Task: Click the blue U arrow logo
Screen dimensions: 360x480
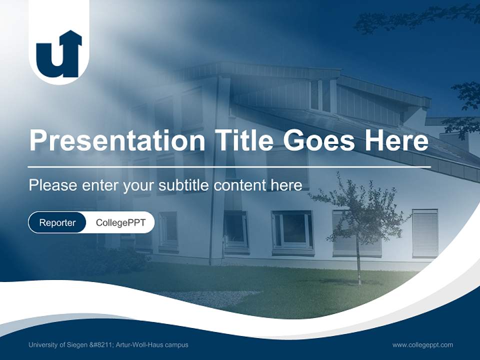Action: (58, 55)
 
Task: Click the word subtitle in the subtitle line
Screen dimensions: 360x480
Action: (184, 185)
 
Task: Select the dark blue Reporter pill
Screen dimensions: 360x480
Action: (57, 222)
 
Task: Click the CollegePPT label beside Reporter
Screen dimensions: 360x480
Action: (120, 222)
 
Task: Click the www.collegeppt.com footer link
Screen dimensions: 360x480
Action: (422, 345)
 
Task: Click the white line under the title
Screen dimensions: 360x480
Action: (229, 166)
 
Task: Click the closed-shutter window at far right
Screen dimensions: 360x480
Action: (425, 233)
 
